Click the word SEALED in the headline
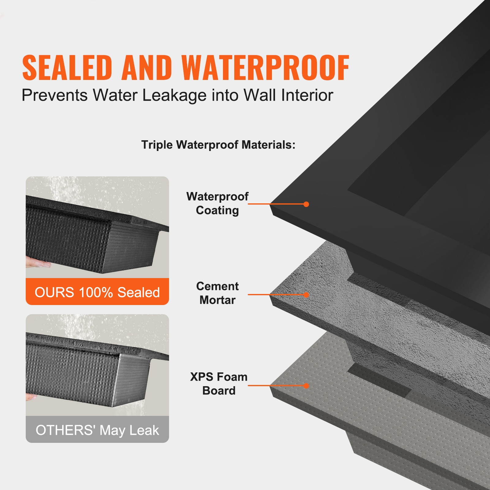point(67,68)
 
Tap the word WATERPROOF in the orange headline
point(265,68)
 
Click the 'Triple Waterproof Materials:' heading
point(218,145)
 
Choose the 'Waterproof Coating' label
point(217,203)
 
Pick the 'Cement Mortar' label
point(217,293)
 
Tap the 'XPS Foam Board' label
point(219,383)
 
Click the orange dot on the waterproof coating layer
point(306,204)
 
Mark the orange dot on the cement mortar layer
point(306,295)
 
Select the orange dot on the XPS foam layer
point(306,386)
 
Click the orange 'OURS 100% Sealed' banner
point(97,292)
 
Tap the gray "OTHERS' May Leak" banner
point(97,430)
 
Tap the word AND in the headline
point(146,68)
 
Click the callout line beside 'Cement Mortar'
point(276,295)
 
